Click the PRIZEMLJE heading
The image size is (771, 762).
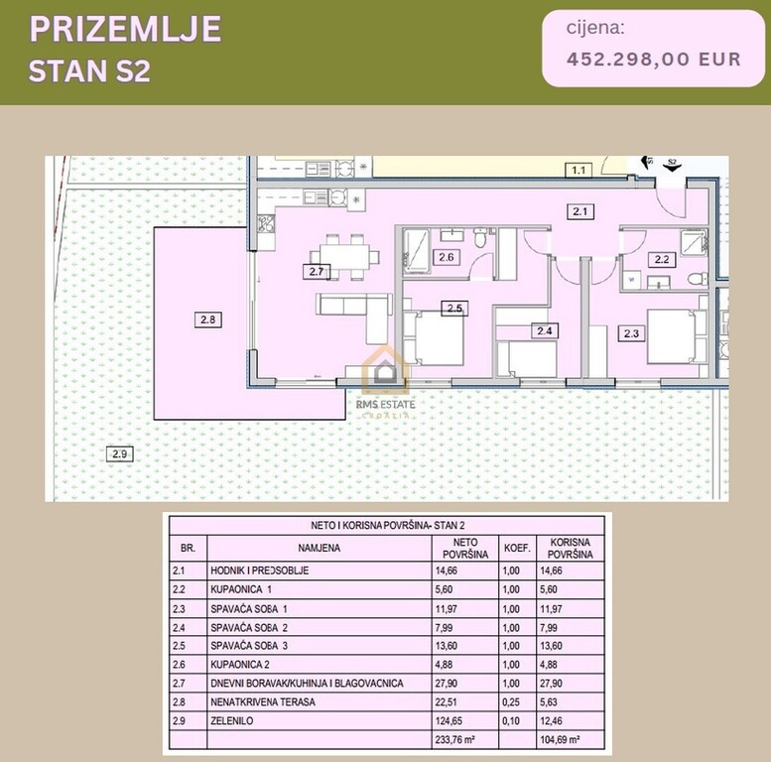[125, 29]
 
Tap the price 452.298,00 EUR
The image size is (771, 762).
[653, 59]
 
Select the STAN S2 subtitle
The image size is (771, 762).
[89, 71]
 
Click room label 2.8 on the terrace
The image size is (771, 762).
[206, 318]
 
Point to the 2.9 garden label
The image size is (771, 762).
[119, 454]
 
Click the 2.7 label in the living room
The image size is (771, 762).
[317, 270]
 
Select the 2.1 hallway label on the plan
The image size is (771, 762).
[579, 210]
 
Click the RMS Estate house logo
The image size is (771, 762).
[385, 368]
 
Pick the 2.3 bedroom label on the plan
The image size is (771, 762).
[632, 333]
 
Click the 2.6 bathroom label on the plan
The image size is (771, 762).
[447, 258]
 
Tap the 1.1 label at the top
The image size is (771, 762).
[578, 171]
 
